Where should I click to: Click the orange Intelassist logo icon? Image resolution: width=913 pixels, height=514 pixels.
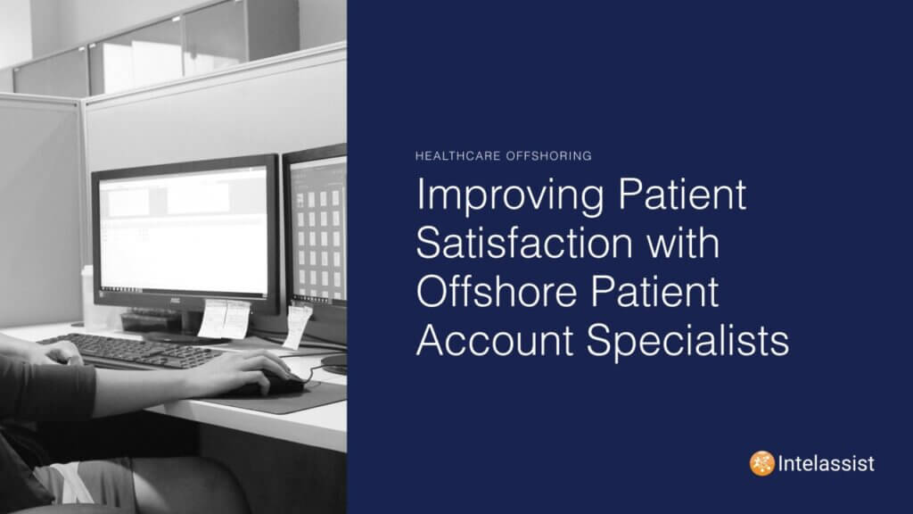761,463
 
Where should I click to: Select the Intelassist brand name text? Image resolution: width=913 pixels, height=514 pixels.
826,464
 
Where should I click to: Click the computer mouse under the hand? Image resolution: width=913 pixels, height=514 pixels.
284,385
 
